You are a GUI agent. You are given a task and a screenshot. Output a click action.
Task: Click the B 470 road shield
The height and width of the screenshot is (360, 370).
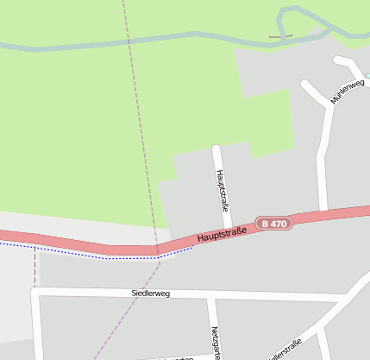click(x=276, y=223)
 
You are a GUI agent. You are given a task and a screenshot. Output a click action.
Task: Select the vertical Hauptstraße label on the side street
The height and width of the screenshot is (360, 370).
click(x=222, y=190)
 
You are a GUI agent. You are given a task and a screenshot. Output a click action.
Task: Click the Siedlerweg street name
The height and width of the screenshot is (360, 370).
click(x=151, y=294)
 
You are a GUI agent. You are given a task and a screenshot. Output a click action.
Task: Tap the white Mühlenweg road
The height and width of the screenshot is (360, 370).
click(x=325, y=147)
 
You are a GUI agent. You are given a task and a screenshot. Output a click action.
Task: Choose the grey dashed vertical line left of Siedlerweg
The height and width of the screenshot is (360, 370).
click(x=35, y=268)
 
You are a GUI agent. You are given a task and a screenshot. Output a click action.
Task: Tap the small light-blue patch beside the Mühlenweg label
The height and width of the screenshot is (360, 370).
click(x=367, y=77)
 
